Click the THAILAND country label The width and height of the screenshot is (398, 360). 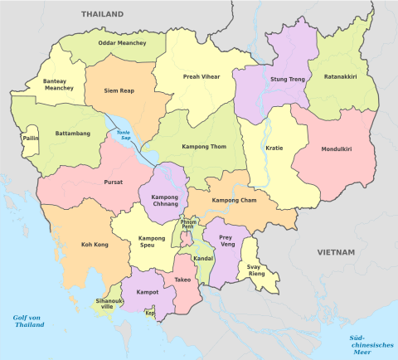pos(102,14)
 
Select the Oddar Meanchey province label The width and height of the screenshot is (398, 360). pos(122,43)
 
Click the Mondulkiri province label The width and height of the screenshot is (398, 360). pos(337,149)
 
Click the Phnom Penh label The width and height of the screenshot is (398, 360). pos(189,225)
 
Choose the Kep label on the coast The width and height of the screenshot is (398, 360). pos(149,314)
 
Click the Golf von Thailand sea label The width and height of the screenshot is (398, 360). pos(28,322)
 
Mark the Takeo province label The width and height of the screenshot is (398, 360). pos(182,280)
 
